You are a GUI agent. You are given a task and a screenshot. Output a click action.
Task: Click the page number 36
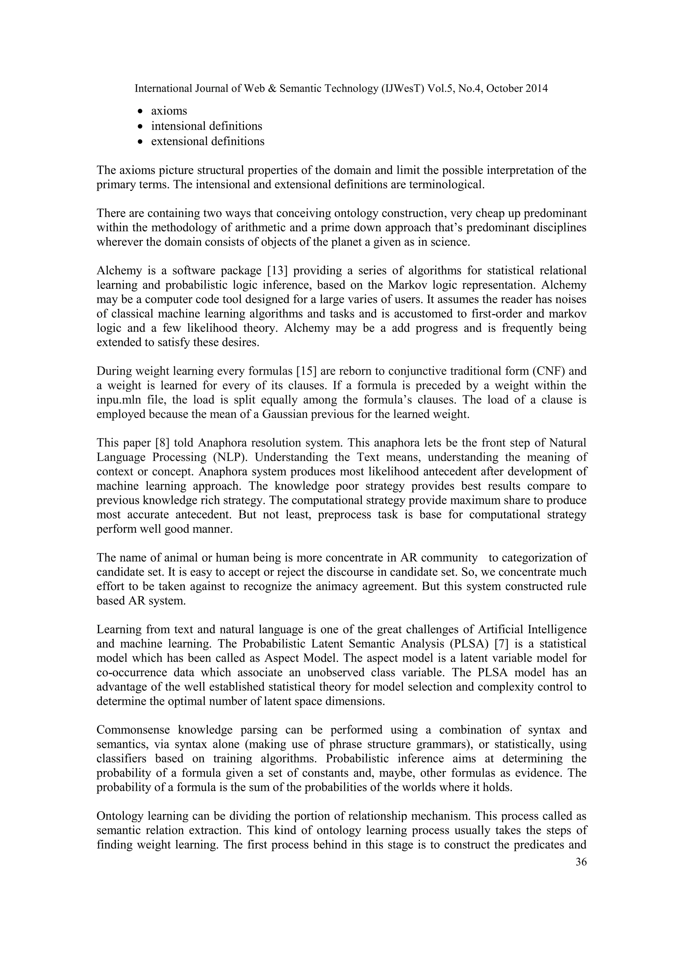581,862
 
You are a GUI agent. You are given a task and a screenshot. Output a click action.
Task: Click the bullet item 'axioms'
169,111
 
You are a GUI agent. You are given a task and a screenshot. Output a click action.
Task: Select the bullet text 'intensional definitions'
207,126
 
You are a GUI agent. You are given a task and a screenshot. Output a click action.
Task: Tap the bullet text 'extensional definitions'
207,141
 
